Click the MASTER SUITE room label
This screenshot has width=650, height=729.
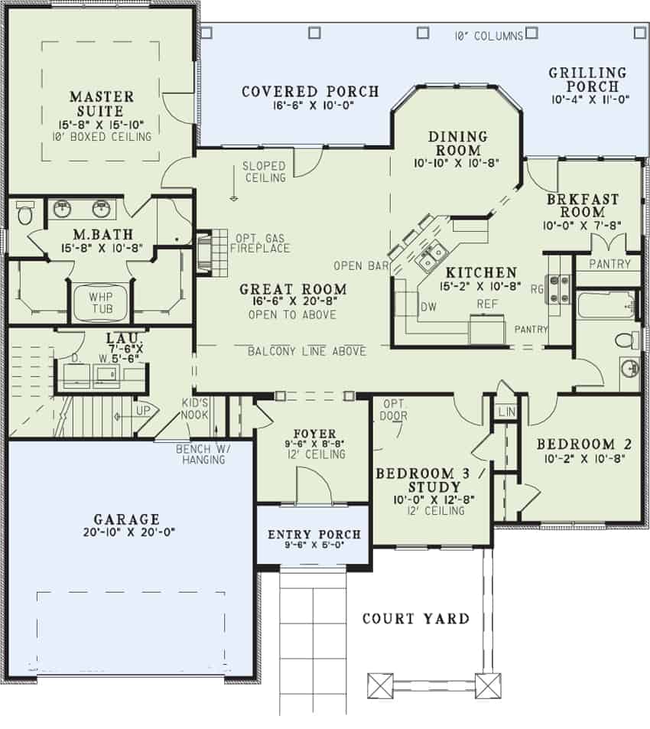pyautogui.click(x=101, y=105)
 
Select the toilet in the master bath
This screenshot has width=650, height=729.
pyautogui.click(x=24, y=213)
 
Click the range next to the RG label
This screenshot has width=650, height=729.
pyautogui.click(x=560, y=289)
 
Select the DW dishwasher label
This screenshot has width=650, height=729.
pyautogui.click(x=428, y=307)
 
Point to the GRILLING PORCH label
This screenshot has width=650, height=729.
pyautogui.click(x=587, y=80)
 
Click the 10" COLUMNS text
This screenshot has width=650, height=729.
pyautogui.click(x=489, y=35)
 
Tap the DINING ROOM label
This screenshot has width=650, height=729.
pyautogui.click(x=457, y=143)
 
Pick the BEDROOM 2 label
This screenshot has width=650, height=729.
pyautogui.click(x=577, y=444)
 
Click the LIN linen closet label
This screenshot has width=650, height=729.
pyautogui.click(x=505, y=412)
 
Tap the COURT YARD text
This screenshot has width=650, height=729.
pyautogui.click(x=415, y=618)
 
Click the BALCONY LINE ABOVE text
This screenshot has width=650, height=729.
pyautogui.click(x=307, y=351)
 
